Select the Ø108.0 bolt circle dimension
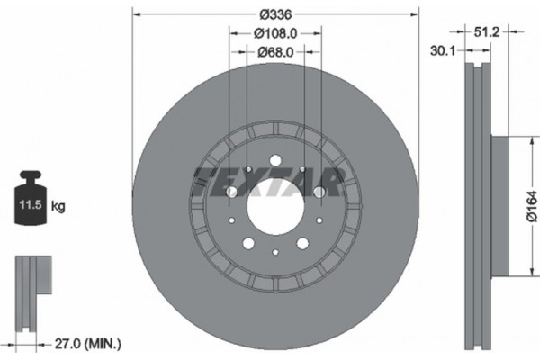tap(275, 34)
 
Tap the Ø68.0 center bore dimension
tap(275, 52)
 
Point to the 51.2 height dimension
tap(487, 31)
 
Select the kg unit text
tap(58, 207)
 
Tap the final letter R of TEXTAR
tap(330, 183)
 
